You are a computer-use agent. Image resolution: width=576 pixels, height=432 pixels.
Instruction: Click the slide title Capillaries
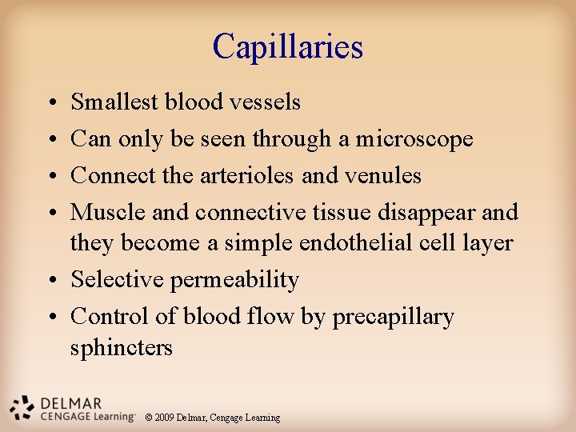[288, 47]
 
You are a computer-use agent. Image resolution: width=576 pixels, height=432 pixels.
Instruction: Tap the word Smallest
[115, 102]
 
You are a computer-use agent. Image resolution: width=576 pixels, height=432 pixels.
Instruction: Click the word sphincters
[122, 348]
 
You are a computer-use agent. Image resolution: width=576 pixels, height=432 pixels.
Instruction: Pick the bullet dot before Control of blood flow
[50, 318]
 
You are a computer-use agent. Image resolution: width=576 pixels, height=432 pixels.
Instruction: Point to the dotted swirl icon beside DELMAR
[22, 407]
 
